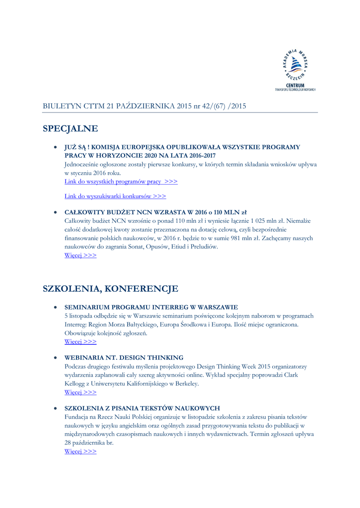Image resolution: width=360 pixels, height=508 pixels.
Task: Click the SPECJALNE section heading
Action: [71, 128]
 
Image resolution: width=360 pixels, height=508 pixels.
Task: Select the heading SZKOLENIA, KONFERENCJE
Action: [110, 288]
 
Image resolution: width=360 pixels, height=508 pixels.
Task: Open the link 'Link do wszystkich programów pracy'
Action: [121, 182]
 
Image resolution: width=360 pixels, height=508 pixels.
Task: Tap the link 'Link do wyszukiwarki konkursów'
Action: [115, 196]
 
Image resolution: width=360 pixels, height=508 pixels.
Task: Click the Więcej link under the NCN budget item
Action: [80, 255]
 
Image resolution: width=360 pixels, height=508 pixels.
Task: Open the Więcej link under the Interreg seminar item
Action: [80, 341]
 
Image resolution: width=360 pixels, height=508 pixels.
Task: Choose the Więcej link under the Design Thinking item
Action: [80, 392]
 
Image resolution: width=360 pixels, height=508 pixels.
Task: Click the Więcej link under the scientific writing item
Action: [80, 451]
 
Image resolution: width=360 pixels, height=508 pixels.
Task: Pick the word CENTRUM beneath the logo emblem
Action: [295, 85]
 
